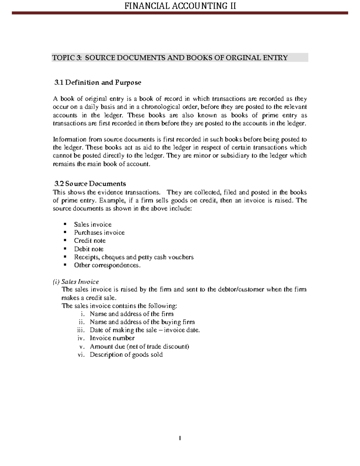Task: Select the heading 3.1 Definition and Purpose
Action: pyautogui.click(x=97, y=83)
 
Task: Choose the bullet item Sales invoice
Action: pyautogui.click(x=93, y=224)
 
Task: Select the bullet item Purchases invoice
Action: pyautogui.click(x=99, y=233)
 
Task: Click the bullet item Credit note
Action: pyautogui.click(x=90, y=241)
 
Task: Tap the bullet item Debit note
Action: pyautogui.click(x=89, y=249)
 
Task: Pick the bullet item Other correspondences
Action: pyautogui.click(x=107, y=265)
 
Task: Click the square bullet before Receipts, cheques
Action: pyautogui.click(x=64, y=257)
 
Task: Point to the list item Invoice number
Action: pyautogui.click(x=112, y=338)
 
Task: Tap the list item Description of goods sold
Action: pyautogui.click(x=126, y=355)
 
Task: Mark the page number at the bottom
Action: pyautogui.click(x=180, y=439)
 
